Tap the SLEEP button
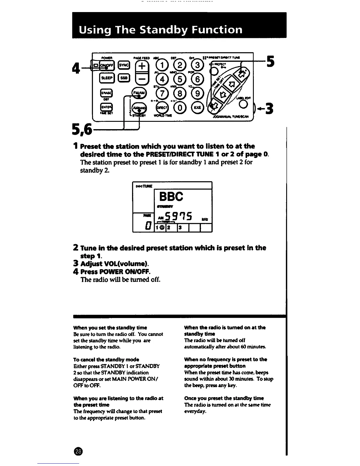click(106, 78)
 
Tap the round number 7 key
click(161, 94)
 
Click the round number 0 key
click(180, 108)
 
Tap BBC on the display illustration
click(171, 196)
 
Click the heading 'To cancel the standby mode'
click(106, 360)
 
